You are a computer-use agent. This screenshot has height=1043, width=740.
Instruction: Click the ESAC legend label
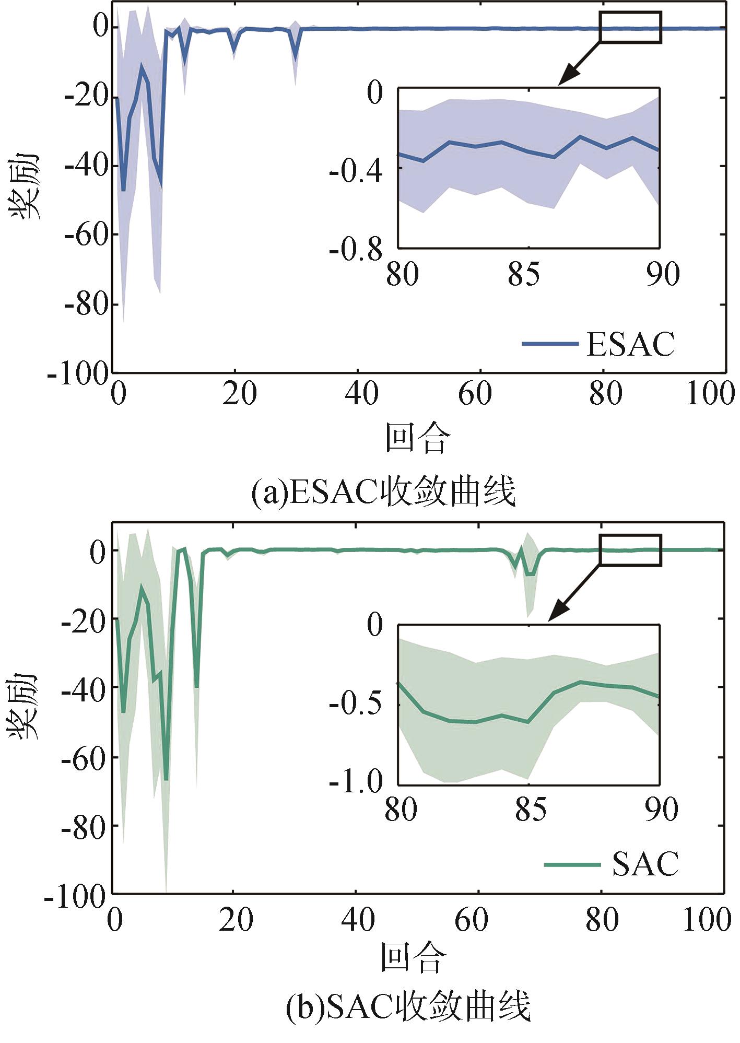(x=630, y=344)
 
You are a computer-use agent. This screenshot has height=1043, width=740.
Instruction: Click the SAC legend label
(x=645, y=864)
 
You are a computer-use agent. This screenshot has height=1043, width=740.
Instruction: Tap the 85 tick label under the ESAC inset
(x=524, y=274)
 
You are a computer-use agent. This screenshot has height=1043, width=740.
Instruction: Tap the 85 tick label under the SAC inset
(x=531, y=809)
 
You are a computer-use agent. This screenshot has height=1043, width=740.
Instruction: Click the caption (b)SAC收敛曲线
(x=408, y=1006)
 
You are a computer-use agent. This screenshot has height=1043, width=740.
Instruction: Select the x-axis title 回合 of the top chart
(x=417, y=438)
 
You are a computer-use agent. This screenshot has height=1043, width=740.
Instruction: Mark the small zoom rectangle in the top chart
(x=630, y=27)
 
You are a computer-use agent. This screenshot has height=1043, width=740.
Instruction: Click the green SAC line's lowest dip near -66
(x=166, y=778)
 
